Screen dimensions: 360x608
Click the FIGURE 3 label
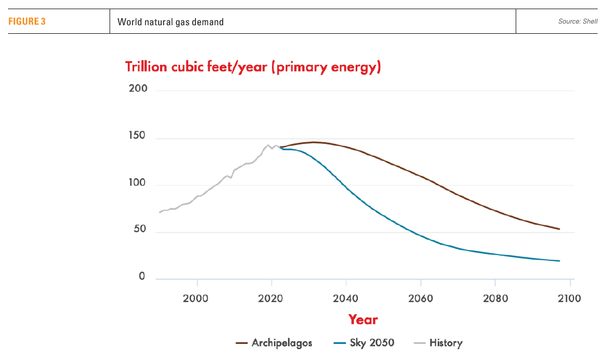point(27,22)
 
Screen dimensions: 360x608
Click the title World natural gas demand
point(170,22)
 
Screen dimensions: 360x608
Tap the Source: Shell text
point(578,22)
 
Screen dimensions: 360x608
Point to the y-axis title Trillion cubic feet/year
point(253,67)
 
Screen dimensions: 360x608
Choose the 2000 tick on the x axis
point(196,298)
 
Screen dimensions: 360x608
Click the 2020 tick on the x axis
point(271,298)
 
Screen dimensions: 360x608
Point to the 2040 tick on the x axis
point(346,298)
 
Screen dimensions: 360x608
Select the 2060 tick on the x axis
point(420,298)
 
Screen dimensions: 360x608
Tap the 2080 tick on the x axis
point(495,298)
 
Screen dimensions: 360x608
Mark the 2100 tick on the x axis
point(569,298)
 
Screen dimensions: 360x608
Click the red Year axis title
point(363,319)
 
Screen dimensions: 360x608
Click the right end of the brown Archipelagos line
point(559,229)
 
